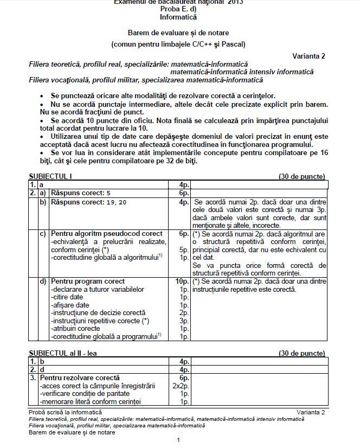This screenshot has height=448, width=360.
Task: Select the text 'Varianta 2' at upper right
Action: pos(309,56)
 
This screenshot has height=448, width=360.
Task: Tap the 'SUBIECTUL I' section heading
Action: pos(50,176)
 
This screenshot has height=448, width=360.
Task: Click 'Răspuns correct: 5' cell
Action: pos(81,193)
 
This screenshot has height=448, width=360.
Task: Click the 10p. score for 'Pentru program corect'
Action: pos(182,281)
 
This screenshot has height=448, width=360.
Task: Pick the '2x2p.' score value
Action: pos(181,386)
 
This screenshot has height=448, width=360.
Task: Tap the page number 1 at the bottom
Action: pos(178,439)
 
